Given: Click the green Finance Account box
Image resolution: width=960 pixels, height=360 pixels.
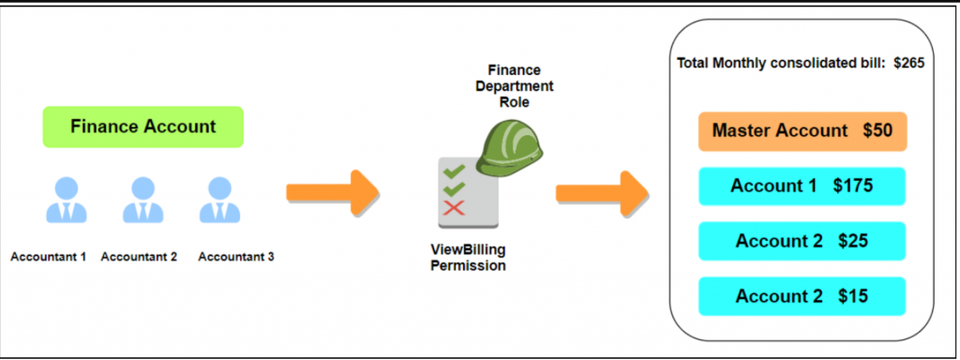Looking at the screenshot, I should click(142, 127).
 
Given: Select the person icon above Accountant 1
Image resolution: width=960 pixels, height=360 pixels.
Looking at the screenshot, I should click(65, 200).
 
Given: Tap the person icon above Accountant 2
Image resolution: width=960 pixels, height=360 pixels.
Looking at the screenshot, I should click(142, 200).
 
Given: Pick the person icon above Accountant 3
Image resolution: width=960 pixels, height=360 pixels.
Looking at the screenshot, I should click(217, 200).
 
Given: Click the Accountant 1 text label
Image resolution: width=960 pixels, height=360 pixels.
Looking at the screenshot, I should click(49, 256).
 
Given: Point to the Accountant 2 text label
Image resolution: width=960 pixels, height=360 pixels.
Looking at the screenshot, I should click(139, 256).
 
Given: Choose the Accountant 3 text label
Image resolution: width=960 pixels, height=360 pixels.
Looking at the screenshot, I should click(236, 256).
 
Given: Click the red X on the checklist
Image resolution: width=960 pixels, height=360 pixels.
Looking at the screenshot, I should click(455, 206).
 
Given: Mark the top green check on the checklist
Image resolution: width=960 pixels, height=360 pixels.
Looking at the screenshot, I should click(455, 172).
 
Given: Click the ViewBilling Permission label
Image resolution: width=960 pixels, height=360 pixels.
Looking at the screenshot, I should click(467, 259).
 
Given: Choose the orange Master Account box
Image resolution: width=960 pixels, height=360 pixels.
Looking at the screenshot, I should click(802, 131).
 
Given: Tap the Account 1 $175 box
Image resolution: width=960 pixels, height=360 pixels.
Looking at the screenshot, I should click(802, 186).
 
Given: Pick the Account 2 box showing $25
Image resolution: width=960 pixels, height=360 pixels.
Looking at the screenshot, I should click(802, 241).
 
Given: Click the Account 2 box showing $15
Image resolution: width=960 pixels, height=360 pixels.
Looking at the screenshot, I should click(802, 296).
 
